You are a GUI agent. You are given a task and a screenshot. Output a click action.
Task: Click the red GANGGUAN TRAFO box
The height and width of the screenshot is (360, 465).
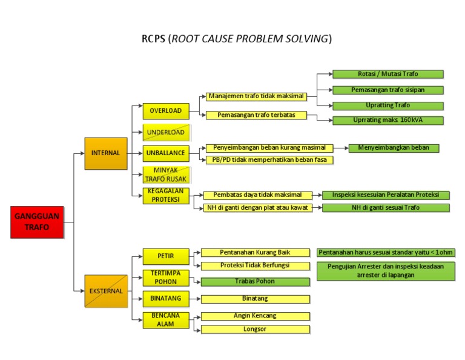pyautogui.click(x=37, y=222)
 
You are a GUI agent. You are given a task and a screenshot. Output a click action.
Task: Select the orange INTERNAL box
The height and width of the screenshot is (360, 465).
pyautogui.click(x=106, y=153)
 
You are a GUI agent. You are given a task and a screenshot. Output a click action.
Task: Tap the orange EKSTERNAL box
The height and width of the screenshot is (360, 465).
pyautogui.click(x=106, y=291)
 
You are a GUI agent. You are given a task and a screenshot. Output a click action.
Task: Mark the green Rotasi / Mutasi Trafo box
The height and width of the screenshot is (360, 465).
pyautogui.click(x=388, y=74)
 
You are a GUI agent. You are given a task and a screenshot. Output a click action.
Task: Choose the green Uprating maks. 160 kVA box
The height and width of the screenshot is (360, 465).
pyautogui.click(x=388, y=120)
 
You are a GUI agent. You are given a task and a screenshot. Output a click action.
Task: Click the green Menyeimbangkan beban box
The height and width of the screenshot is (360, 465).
pyautogui.click(x=394, y=148)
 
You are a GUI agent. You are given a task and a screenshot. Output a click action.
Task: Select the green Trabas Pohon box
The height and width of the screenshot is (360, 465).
pyautogui.click(x=255, y=282)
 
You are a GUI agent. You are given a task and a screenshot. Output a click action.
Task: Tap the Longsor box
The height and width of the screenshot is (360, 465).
pyautogui.click(x=255, y=330)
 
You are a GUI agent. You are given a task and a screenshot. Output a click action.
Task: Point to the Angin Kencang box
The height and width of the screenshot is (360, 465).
pyautogui.click(x=255, y=316)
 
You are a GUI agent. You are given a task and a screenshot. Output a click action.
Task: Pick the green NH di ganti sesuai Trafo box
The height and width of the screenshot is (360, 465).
pyautogui.click(x=386, y=208)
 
